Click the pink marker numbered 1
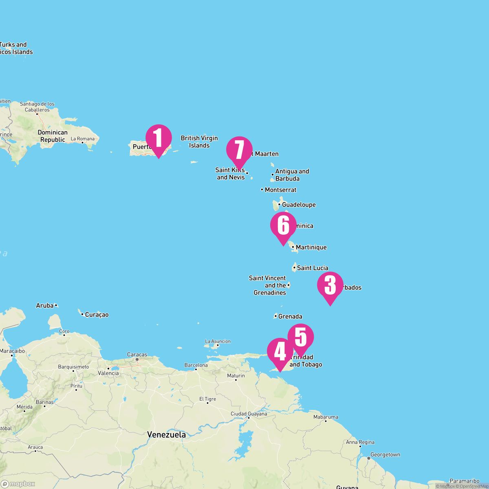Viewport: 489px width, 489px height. tap(159, 138)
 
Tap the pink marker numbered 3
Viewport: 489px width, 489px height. tap(330, 285)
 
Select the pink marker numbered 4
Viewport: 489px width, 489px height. tap(280, 351)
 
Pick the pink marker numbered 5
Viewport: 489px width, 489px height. tap(301, 337)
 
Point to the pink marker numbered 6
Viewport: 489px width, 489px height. tap(283, 225)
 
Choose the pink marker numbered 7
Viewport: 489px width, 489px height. tap(239, 150)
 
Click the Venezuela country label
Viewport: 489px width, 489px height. tap(167, 434)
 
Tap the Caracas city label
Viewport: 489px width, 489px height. tap(137, 355)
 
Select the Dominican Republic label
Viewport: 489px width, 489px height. tap(53, 136)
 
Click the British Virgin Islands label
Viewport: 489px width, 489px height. tap(199, 142)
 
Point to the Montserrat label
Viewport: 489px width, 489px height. tap(280, 190)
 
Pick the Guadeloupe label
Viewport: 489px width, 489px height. tap(299, 205)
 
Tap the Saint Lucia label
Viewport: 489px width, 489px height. tap(312, 268)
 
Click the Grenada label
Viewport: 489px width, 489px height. tap(290, 316)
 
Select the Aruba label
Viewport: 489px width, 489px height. tap(45, 305)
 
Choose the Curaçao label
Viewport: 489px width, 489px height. tap(97, 315)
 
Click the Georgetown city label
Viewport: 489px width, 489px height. tap(385, 454)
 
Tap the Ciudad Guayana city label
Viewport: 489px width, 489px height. tap(249, 414)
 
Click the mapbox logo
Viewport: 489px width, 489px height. tap(18, 484)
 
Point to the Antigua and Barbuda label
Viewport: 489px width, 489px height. tap(292, 175)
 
